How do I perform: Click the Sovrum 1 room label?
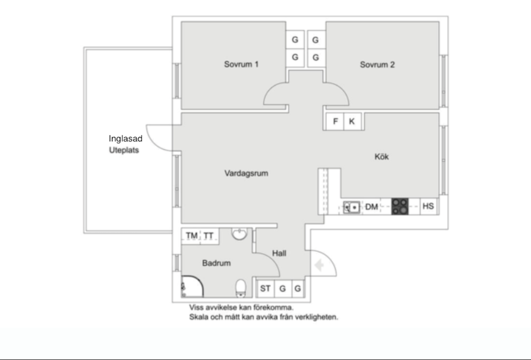[x=241, y=64]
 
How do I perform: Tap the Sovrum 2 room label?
[x=377, y=65]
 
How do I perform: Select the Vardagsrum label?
[x=246, y=173]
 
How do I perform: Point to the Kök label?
[x=382, y=157]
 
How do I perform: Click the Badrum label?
[x=216, y=263]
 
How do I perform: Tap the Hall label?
[x=279, y=253]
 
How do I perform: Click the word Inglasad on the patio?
[x=125, y=139]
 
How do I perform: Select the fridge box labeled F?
[x=335, y=122]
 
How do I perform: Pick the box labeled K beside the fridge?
[x=352, y=122]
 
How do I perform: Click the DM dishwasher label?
[x=372, y=207]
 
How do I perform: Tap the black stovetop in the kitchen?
[x=400, y=207]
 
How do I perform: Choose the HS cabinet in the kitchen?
[x=428, y=206]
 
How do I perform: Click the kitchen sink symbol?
[x=351, y=207]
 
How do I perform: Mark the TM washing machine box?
[x=191, y=236]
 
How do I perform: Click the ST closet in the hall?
[x=265, y=288]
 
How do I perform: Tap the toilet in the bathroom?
[x=241, y=288]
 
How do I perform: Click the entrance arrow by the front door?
[x=320, y=266]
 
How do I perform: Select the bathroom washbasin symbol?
[x=239, y=234]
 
